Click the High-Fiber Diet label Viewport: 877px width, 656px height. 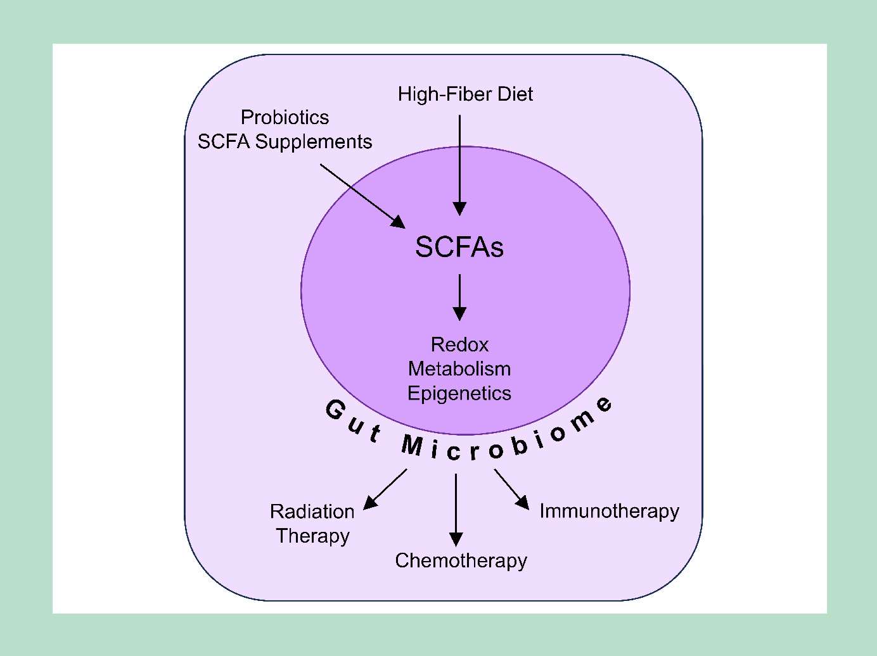465,94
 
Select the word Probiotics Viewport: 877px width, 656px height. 285,117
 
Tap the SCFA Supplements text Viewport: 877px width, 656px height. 285,142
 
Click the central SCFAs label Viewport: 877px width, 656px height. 459,247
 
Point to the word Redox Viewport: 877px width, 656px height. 459,344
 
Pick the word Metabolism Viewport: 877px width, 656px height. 459,369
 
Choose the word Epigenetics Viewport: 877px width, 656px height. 459,393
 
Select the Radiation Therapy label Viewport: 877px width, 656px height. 312,524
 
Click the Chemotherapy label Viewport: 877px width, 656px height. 461,560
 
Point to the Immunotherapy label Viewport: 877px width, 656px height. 609,511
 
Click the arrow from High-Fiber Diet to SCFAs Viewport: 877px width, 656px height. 460,165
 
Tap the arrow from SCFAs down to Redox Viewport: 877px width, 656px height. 460,297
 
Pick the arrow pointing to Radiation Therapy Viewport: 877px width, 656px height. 385,489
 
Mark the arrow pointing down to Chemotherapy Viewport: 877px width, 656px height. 456,509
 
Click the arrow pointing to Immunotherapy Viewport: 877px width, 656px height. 511,489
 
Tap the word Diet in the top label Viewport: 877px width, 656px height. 515,94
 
